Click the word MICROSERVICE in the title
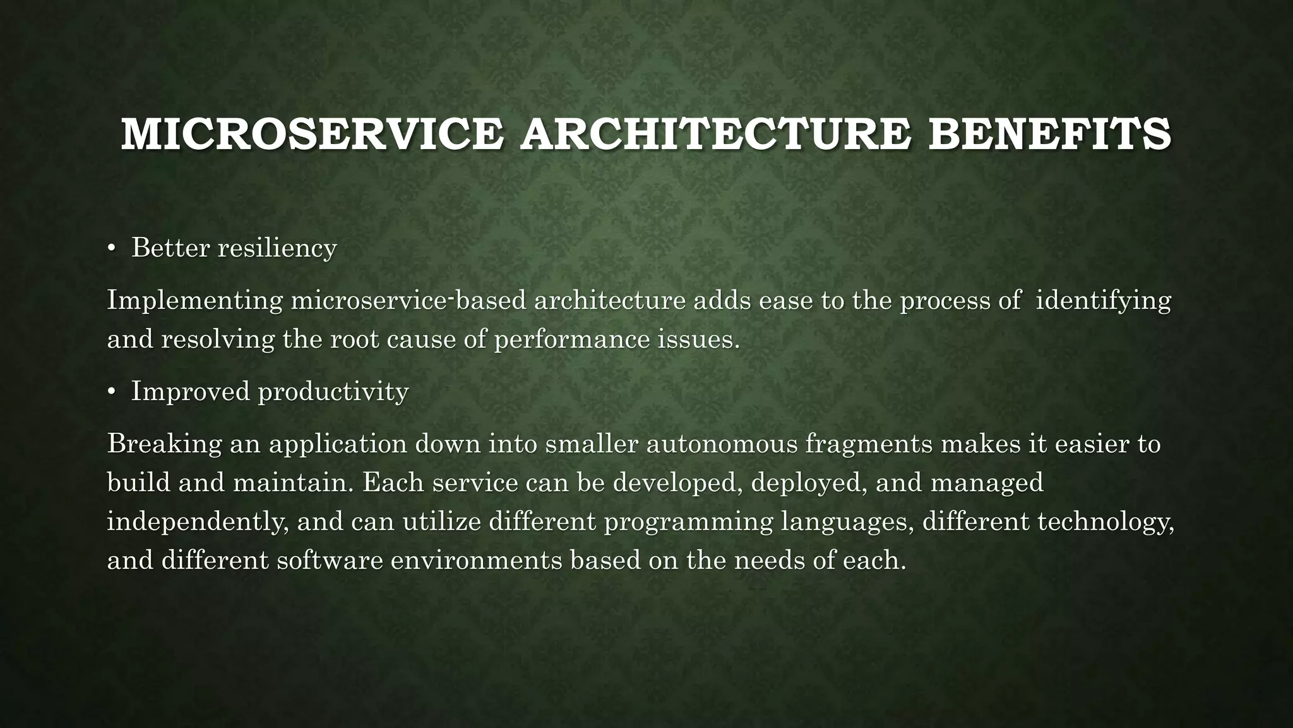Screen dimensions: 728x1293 pos(312,135)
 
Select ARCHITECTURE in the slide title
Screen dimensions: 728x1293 pos(715,135)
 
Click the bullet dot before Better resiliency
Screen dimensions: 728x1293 pos(111,249)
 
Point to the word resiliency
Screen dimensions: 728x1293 pos(277,248)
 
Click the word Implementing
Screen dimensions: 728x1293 pos(195,301)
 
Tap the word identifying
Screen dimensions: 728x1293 pos(1104,301)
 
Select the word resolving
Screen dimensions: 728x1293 pos(218,340)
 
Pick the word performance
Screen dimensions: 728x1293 pos(571,340)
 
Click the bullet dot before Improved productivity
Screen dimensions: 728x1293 pos(111,392)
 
